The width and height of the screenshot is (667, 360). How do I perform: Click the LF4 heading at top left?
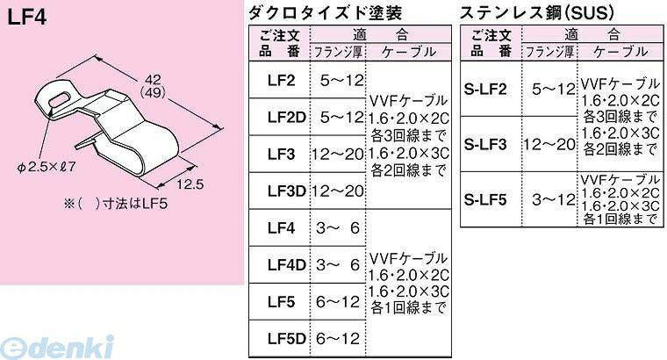26,17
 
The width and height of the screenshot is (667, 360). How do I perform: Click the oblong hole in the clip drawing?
58,100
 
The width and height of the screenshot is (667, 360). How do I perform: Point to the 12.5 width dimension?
190,184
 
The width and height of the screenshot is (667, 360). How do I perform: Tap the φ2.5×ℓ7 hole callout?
47,167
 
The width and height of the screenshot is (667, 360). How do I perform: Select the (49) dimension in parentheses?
153,93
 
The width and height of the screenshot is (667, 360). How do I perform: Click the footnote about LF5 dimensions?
116,204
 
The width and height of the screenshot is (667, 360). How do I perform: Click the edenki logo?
57,347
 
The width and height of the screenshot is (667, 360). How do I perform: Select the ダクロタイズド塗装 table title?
326,13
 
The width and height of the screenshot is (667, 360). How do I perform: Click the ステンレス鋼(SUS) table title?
537,13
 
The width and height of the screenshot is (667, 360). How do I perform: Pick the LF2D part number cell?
286,118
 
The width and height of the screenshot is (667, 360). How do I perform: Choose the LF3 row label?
281,154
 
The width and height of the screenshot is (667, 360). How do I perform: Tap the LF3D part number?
286,191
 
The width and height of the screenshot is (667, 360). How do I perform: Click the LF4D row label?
286,265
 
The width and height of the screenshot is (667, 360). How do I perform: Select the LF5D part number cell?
286,339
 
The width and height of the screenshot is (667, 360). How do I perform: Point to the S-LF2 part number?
485,89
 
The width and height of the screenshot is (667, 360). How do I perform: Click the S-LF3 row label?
485,145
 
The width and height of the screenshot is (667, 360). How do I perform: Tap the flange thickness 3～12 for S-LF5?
554,199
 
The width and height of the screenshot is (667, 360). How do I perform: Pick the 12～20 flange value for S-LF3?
549,145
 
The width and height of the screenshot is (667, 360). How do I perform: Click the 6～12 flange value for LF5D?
338,339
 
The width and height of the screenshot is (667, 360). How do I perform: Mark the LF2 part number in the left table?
281,81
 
